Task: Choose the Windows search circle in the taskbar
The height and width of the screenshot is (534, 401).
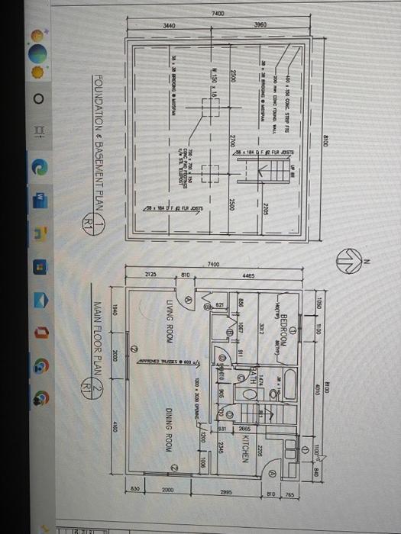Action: [37, 99]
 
